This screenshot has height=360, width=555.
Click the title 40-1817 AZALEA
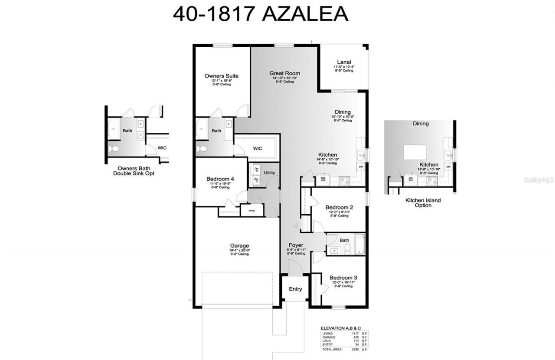coord(260,14)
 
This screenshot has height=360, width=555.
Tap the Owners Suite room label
coord(221,76)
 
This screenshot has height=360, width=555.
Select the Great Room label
coord(284,73)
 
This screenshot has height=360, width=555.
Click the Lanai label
coord(344,62)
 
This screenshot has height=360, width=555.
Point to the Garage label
coord(239,246)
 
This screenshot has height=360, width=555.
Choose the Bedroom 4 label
coord(221,179)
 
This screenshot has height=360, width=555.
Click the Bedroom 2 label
coord(339,207)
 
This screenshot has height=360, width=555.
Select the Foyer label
coord(296,245)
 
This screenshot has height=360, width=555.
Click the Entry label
coord(295,289)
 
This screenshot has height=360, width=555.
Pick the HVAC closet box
coord(252,211)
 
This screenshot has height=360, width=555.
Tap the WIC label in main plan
coord(258,148)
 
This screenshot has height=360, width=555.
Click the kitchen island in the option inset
coord(415,152)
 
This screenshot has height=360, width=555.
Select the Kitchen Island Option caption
coord(423,203)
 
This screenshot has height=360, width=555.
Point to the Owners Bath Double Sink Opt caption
coord(134,171)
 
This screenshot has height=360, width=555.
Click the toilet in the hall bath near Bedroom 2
coord(347,249)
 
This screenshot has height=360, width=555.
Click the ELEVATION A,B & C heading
coord(340,328)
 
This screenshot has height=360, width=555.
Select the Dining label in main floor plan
coord(343,112)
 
